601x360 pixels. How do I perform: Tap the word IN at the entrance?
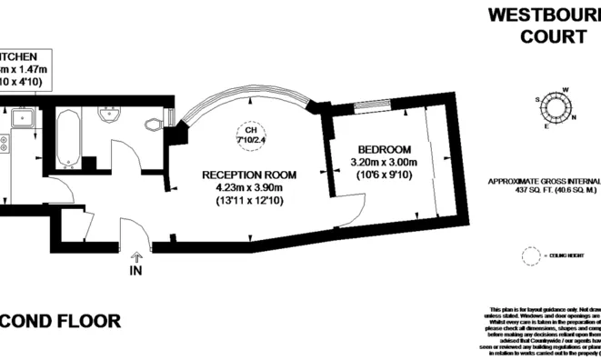click(x=136, y=271)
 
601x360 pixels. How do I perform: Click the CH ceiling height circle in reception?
click(x=250, y=135)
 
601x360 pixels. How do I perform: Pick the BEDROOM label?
click(x=385, y=150)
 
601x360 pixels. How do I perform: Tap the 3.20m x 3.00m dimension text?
click(x=385, y=163)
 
